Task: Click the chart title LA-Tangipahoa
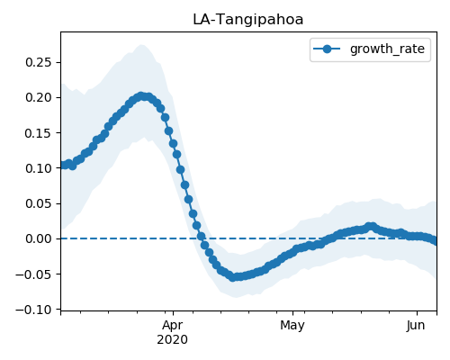point(248,20)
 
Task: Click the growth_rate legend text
point(387,49)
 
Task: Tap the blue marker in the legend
point(327,49)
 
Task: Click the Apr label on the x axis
point(173,326)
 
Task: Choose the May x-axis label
point(292,326)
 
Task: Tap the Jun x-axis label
point(416,326)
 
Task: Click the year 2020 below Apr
point(173,340)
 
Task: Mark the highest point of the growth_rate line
point(141,96)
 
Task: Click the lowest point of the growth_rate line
point(232,277)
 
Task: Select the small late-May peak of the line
point(371,227)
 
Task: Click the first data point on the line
point(63,165)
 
